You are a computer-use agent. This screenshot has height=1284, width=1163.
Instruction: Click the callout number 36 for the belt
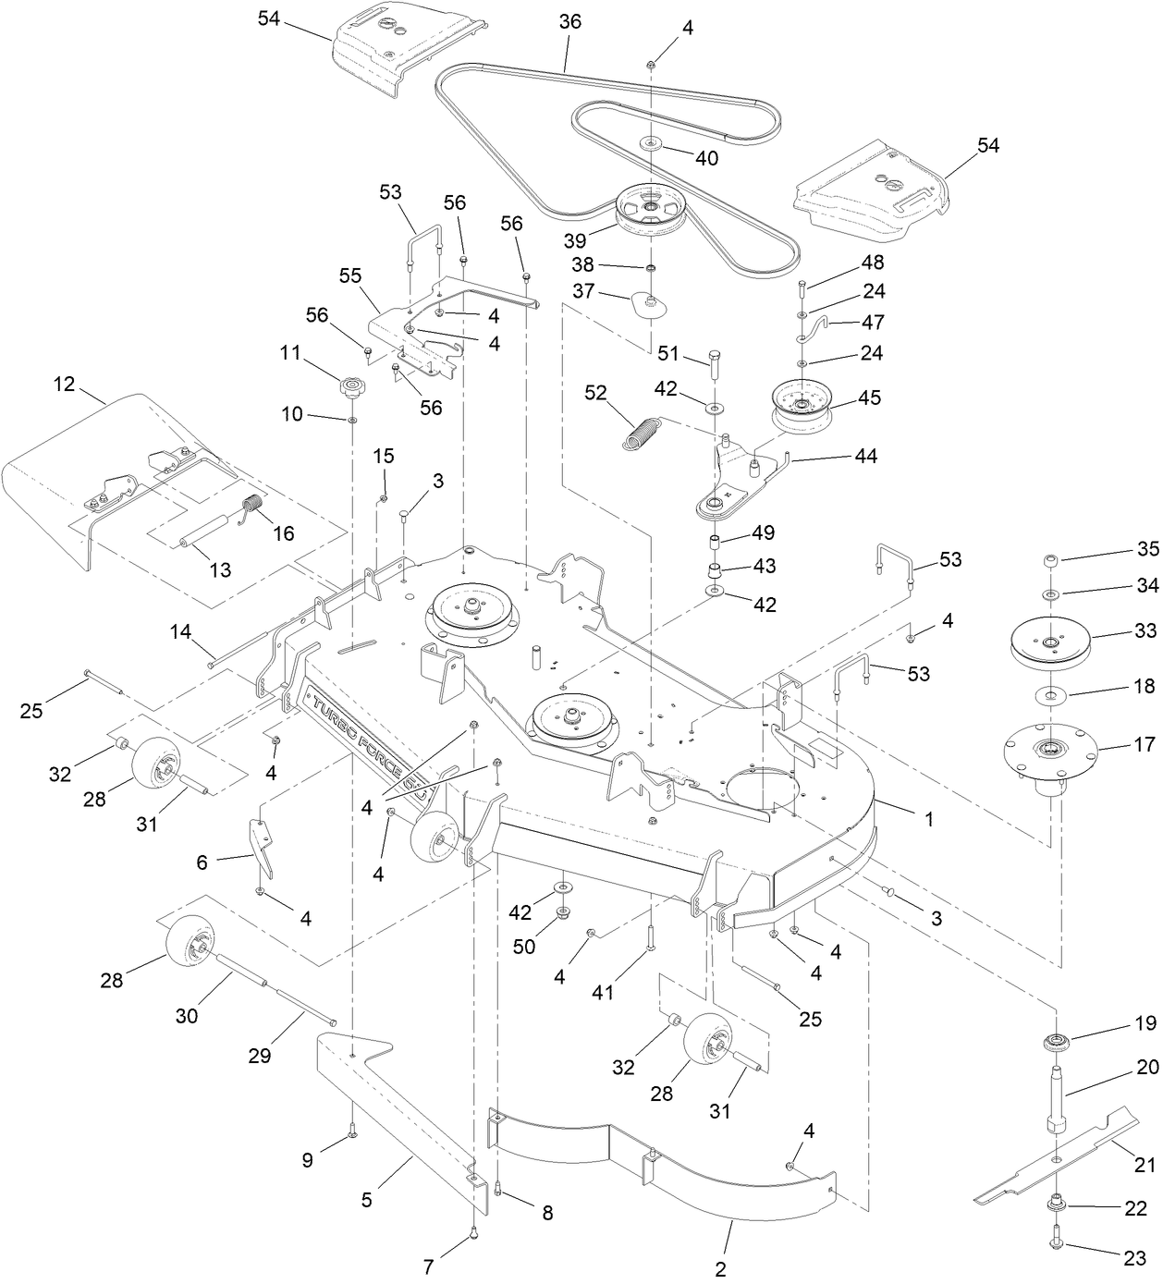[570, 21]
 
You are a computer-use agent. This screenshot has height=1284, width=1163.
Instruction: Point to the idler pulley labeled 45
[802, 404]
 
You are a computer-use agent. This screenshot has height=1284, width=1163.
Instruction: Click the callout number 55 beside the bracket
[350, 276]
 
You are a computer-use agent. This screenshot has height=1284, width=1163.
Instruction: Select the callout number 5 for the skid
[367, 1200]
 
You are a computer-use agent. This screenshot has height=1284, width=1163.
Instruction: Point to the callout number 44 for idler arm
[866, 456]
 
